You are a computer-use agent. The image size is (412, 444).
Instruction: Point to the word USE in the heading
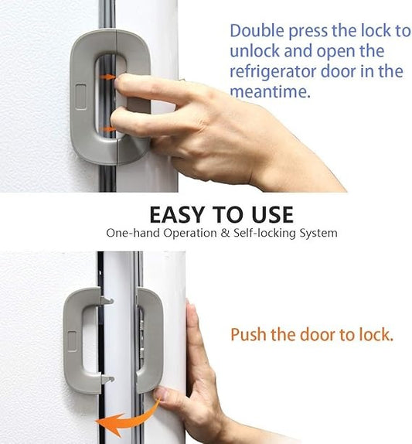point(266,213)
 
